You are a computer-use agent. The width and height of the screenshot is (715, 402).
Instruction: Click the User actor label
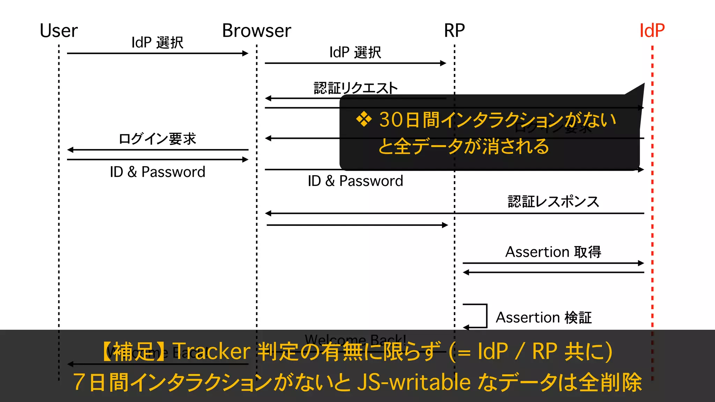point(59,31)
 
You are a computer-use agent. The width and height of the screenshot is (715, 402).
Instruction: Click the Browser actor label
point(257,31)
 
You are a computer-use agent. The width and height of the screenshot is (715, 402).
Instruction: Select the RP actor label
point(454,31)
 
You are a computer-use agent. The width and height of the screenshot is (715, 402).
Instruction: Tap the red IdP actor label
point(652,31)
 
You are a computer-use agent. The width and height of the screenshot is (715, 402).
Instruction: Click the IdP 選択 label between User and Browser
point(157,43)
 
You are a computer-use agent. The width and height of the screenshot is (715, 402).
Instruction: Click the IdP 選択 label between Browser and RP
point(355,52)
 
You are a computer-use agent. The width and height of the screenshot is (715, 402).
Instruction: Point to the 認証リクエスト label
point(355,88)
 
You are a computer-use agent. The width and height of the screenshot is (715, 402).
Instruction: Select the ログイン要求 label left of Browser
point(157,139)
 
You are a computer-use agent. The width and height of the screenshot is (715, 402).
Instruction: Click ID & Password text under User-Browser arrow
point(157,172)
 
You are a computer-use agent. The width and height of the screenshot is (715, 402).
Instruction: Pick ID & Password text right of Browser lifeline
point(355,181)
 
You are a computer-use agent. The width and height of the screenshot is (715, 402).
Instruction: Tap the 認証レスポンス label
point(553,202)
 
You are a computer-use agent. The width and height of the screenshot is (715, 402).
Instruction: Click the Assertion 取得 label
point(553,252)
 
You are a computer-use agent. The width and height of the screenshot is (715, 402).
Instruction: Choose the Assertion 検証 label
point(544,318)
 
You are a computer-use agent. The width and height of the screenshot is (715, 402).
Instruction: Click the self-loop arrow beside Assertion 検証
point(480,316)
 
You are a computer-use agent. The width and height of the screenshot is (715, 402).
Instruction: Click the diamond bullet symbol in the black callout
point(364,120)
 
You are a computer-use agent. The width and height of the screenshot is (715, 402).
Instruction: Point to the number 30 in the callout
point(391,120)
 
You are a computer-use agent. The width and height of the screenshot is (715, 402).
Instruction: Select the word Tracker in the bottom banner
point(211,351)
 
